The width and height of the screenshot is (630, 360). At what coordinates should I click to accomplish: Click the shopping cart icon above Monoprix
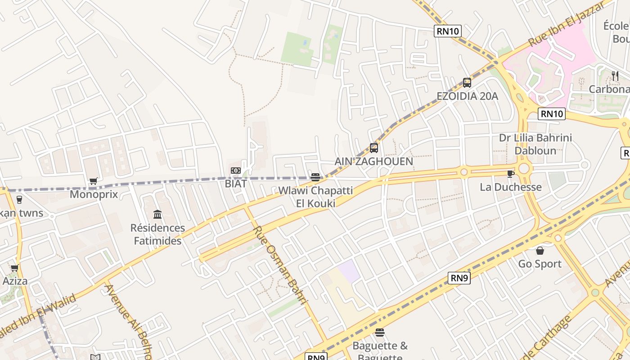93,181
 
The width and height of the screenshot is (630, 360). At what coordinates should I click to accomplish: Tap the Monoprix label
94,194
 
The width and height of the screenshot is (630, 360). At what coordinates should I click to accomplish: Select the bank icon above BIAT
235,171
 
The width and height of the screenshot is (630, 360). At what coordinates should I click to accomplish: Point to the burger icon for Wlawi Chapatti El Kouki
315,177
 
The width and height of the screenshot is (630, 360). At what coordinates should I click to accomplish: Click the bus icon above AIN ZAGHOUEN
373,148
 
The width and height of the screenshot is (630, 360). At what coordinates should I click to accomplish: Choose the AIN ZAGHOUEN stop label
373,161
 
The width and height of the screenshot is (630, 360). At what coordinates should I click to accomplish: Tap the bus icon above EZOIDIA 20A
467,83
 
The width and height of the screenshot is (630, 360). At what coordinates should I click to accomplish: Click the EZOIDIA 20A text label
467,96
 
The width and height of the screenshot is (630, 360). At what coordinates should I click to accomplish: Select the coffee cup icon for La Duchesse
510,174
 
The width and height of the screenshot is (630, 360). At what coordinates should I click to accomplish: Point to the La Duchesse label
511,187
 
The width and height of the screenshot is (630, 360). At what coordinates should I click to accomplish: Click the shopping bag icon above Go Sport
540,251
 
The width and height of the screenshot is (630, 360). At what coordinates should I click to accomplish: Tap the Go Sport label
540,264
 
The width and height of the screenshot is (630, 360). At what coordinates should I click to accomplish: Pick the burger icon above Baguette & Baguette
380,333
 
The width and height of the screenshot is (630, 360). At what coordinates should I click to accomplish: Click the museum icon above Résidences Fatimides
157,214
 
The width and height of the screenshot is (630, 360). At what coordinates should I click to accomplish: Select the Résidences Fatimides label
157,234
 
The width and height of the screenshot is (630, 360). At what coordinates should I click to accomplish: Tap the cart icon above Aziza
15,268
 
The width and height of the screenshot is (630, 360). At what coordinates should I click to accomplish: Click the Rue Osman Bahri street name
279,265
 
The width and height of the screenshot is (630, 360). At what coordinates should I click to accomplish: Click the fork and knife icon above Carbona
615,76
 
